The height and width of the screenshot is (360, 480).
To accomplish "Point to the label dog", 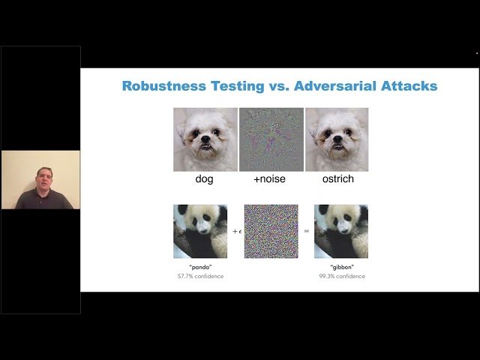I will [204, 180].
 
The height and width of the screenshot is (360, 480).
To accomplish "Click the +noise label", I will [271, 180].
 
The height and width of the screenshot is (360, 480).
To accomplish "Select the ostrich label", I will [337, 180].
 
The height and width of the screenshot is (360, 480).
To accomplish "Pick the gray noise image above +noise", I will [271, 139].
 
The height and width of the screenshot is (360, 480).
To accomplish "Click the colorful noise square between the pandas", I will [271, 232].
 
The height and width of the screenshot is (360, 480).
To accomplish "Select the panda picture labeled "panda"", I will [200, 232].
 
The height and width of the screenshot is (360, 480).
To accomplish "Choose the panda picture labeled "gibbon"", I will [341, 232].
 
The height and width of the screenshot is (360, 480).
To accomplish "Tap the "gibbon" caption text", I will [341, 268].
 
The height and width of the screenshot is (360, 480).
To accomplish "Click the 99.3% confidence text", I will [341, 277].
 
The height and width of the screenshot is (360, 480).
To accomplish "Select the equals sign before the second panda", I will [307, 232].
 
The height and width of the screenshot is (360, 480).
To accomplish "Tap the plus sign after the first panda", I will [234, 232].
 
